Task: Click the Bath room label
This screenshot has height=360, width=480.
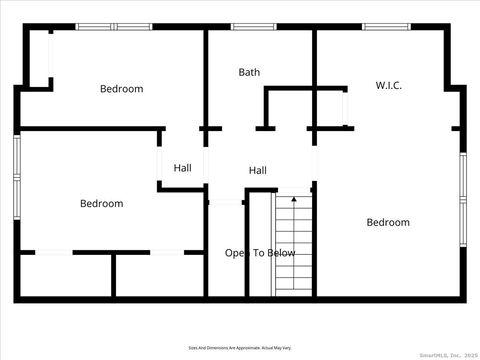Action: coord(249,72)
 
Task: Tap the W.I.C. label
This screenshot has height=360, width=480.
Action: coord(389,86)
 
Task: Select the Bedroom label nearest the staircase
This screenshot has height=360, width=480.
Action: coord(387,222)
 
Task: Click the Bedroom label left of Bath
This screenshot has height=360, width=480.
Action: coord(121,89)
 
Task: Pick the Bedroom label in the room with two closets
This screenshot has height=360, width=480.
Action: coord(101,204)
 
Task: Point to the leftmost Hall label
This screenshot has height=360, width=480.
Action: coord(182,168)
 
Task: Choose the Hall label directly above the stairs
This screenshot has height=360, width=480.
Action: coord(258,170)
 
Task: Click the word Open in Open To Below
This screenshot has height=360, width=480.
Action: coord(235,253)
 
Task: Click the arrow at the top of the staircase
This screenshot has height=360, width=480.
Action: coord(294,200)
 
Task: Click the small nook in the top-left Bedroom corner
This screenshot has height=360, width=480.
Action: coord(38,60)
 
